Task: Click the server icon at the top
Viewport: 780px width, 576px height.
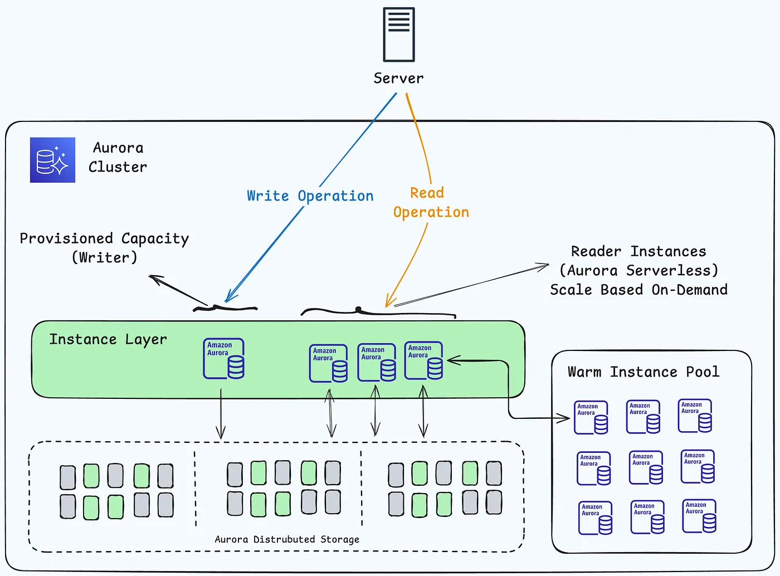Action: (399, 35)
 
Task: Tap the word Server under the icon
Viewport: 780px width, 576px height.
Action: (398, 78)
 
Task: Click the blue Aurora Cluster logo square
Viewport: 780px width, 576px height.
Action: (52, 160)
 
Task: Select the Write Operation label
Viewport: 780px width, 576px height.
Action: (310, 196)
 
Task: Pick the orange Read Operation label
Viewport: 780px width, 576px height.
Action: (431, 203)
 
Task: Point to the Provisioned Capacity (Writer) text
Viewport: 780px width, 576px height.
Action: (104, 247)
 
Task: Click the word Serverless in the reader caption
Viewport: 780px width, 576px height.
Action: (672, 271)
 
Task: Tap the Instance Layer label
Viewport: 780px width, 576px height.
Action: (108, 339)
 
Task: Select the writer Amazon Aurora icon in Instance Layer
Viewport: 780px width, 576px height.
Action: (223, 358)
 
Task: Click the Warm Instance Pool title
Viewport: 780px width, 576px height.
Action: (643, 372)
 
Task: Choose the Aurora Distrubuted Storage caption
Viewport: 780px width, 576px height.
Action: (287, 539)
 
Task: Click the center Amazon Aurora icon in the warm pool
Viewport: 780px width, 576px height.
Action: (646, 467)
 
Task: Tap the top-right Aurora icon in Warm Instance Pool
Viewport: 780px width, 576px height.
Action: (695, 416)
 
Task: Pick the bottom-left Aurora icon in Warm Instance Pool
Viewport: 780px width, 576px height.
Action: (596, 518)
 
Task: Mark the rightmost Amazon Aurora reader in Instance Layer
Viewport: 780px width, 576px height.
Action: (424, 360)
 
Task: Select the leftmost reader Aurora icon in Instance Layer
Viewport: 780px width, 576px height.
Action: (328, 363)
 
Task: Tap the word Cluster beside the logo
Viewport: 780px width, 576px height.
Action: (118, 167)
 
